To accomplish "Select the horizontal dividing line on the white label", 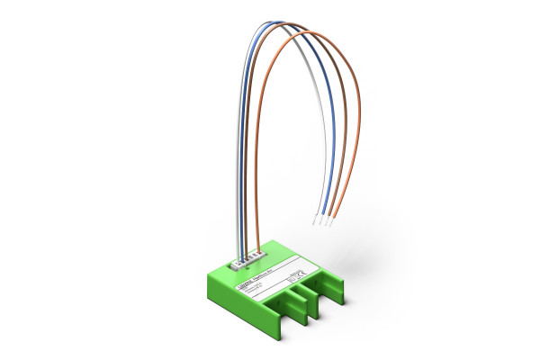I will [x=270, y=276].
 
